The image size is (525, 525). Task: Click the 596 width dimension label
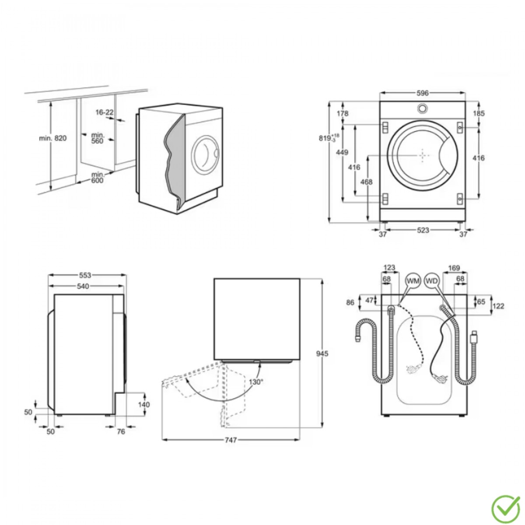pyautogui.click(x=423, y=93)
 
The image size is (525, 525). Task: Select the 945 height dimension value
pyautogui.click(x=322, y=354)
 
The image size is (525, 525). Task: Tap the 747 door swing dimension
pyautogui.click(x=231, y=448)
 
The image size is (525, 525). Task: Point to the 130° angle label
pyautogui.click(x=256, y=382)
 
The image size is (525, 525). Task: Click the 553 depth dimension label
pyautogui.click(x=85, y=276)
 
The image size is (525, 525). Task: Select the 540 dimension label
pyautogui.click(x=83, y=286)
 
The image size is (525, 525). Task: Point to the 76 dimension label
pyautogui.click(x=121, y=431)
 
